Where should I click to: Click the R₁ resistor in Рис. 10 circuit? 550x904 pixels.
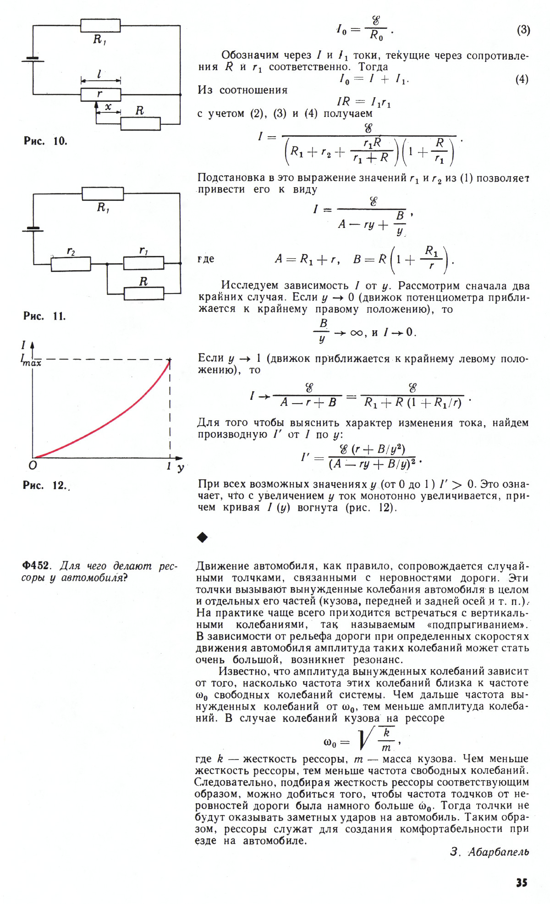100,25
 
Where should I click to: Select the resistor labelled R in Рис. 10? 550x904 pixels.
140,124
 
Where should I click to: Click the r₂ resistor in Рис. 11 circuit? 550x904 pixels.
71,264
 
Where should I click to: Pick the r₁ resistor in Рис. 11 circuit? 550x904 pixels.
143,263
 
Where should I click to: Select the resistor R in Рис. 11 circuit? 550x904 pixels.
143,293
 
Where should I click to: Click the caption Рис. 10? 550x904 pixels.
45,141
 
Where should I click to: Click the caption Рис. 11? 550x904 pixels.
44,316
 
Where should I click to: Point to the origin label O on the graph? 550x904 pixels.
33,465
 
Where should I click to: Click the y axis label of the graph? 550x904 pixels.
181,467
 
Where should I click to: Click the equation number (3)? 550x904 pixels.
523,30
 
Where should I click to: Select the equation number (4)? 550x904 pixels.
522,79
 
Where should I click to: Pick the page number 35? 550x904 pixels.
522,882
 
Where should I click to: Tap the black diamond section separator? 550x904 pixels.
202,537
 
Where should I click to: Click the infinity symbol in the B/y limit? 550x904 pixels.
356,333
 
